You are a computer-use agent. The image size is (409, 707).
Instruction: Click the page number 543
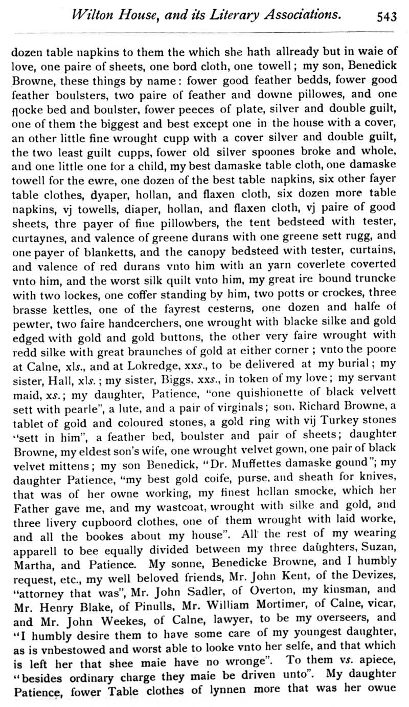387,17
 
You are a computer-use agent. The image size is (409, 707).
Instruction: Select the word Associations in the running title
303,15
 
